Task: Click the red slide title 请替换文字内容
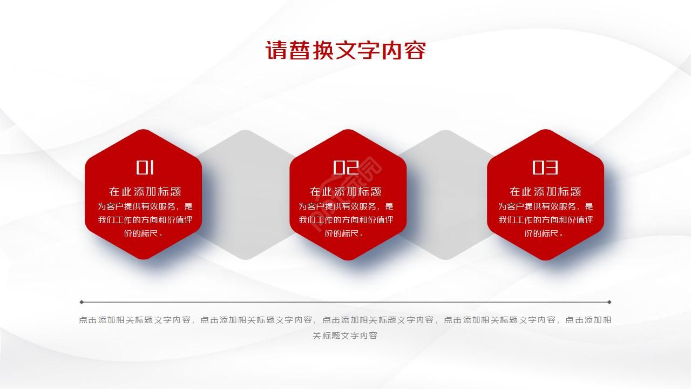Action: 345,51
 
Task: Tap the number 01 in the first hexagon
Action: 145,167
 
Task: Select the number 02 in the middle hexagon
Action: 346,167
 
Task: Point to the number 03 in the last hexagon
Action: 545,167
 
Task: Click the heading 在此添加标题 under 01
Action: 145,191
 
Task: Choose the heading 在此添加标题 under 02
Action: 346,191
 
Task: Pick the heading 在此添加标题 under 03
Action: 545,191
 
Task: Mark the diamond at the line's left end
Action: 82,302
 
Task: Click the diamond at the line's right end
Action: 609,302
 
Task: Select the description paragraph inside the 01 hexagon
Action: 145,220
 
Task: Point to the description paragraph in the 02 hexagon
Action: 346,220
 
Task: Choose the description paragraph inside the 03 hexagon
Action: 545,220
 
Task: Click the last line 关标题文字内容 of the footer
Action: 345,336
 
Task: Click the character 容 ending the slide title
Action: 415,51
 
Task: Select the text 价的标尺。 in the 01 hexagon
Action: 145,233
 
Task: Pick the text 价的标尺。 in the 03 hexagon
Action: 545,233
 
